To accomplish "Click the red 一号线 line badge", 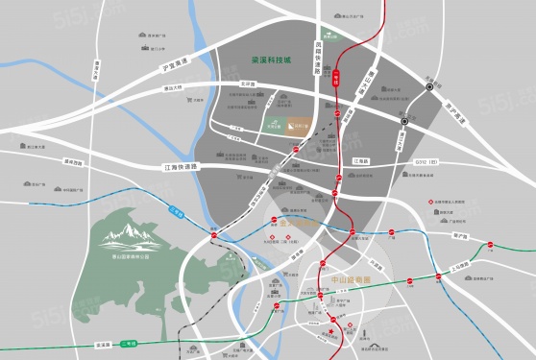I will pyautogui.click(x=336, y=78).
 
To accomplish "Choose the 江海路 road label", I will pyautogui.click(x=360, y=161).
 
